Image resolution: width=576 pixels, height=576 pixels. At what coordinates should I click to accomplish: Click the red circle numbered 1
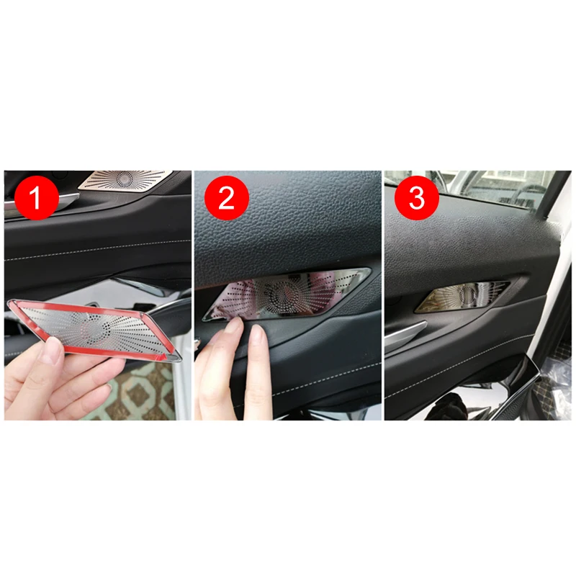coord(37,197)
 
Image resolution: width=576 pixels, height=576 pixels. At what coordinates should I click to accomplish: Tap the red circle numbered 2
coord(227,197)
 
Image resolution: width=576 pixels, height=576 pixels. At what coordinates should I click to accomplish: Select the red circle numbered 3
coord(417,197)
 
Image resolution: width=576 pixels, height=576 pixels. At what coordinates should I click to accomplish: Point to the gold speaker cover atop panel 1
coord(125,180)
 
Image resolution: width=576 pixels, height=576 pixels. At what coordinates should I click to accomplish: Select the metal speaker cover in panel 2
coord(287,293)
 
